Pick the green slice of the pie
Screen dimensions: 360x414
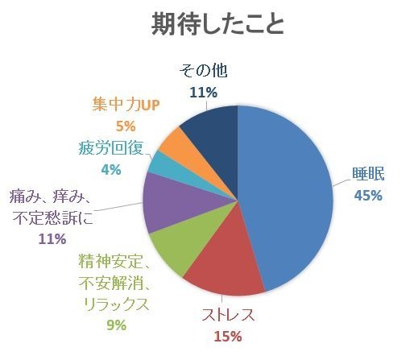173,250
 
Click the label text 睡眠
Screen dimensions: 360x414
366,173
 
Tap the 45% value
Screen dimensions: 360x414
366,195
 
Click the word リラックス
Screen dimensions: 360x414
115,304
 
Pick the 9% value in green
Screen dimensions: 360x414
115,325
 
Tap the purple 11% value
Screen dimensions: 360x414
52,238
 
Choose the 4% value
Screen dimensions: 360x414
110,169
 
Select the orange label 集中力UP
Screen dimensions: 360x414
125,104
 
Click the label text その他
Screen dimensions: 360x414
203,70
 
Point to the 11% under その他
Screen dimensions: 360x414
203,92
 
